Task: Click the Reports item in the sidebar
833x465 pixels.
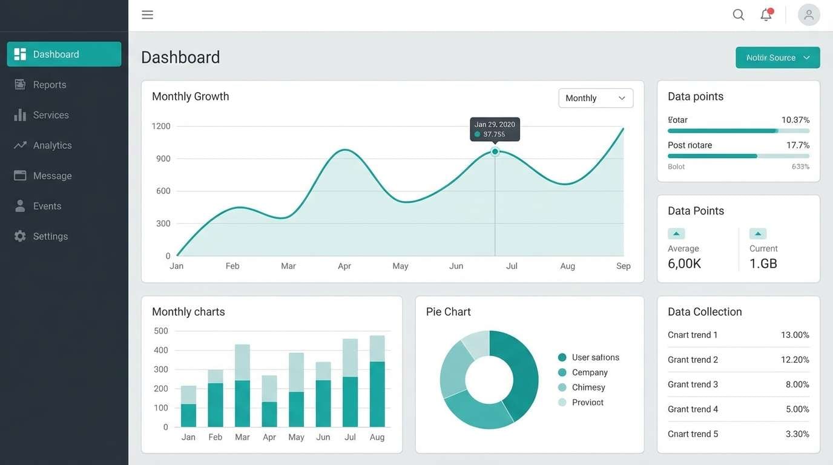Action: [x=49, y=85]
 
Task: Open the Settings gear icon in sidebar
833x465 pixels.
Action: [x=20, y=236]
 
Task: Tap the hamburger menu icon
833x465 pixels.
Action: [x=147, y=15]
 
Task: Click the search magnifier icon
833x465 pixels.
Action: [x=739, y=15]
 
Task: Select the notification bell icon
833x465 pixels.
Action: [x=766, y=15]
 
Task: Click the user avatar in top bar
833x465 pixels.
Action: [x=809, y=15]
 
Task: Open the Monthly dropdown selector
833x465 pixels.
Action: [x=596, y=98]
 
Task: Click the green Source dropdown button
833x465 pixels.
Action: [x=777, y=58]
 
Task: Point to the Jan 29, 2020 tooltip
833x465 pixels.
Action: [x=495, y=129]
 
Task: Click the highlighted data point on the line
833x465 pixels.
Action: [x=495, y=152]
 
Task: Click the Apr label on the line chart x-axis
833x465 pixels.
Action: [x=344, y=266]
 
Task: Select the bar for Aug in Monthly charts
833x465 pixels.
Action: [x=377, y=381]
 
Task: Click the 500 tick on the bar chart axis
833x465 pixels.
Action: [x=161, y=331]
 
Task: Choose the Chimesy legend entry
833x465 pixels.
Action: [x=588, y=387]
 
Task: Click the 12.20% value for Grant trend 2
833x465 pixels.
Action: [x=794, y=360]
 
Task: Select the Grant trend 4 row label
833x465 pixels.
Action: [x=693, y=409]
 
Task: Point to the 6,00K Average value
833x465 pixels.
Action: [x=684, y=263]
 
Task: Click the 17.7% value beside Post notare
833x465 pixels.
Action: [x=797, y=145]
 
